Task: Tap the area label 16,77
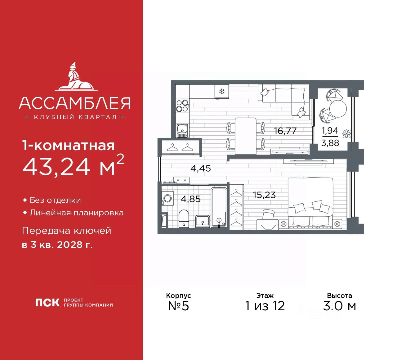(x=285, y=131)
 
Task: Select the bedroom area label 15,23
(x=264, y=195)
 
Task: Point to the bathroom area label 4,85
(x=190, y=199)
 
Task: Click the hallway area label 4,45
(x=201, y=168)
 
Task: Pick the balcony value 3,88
(x=330, y=143)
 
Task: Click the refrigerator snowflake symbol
(x=221, y=91)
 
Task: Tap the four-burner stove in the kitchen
(x=182, y=106)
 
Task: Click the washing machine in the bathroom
(x=167, y=198)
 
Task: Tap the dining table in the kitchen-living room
(x=245, y=136)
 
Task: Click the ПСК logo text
(x=47, y=303)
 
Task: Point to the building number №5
(x=178, y=306)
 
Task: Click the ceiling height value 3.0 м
(x=339, y=306)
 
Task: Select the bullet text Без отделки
(x=55, y=200)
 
